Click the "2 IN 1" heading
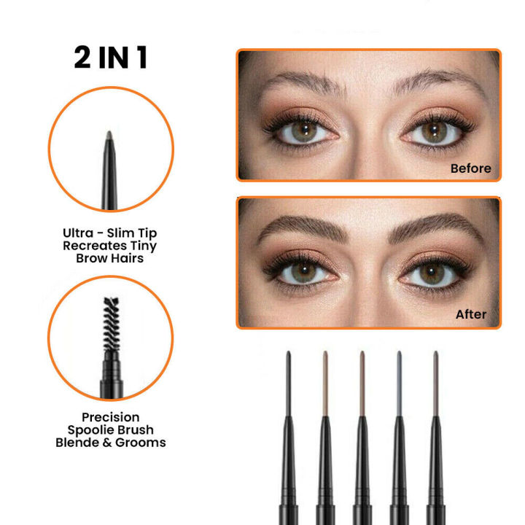pyautogui.click(x=111, y=57)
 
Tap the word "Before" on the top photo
pyautogui.click(x=470, y=168)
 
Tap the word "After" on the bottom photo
pyautogui.click(x=470, y=314)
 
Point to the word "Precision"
pyautogui.click(x=111, y=417)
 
